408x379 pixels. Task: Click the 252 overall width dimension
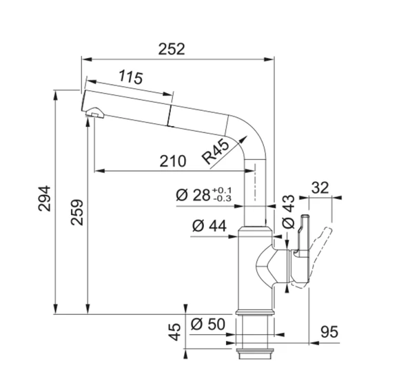point(173,49)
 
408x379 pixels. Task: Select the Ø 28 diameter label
point(192,195)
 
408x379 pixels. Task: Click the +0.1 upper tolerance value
point(223,190)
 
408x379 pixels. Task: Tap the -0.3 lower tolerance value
point(223,199)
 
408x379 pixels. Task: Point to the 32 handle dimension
point(320,187)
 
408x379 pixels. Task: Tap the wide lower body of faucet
point(256,276)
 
